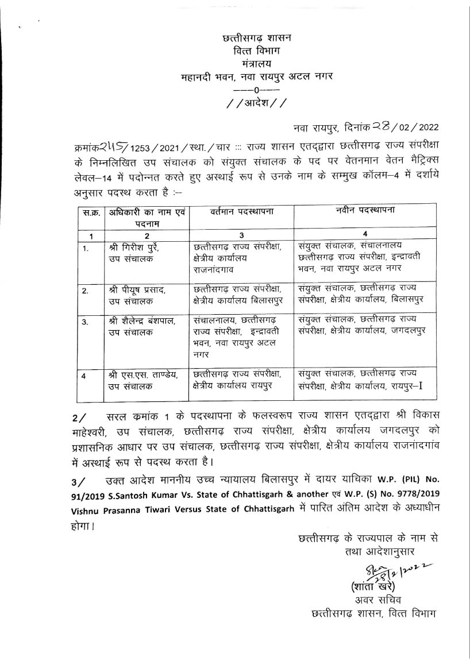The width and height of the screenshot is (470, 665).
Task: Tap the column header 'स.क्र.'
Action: [x=90, y=212]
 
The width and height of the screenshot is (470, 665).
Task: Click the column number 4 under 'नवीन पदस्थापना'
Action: [x=365, y=234]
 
